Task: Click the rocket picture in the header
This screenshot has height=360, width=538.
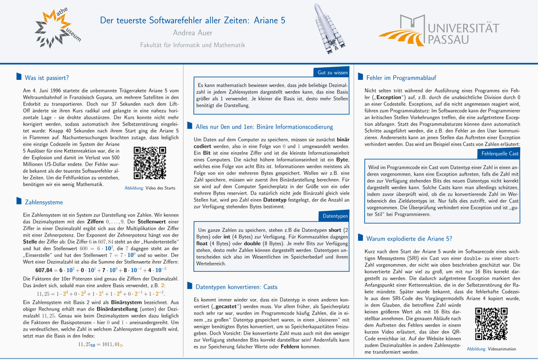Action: (328, 28)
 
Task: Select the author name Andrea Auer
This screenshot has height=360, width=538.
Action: (192, 33)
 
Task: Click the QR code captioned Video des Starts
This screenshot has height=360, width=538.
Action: (150, 163)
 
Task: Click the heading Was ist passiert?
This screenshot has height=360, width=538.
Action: (47, 78)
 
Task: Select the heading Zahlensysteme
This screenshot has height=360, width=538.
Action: (44, 201)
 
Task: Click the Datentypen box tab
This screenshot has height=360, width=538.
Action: (335, 216)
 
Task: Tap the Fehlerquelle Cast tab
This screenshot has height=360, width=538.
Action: (500, 153)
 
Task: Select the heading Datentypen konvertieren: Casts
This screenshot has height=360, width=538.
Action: (236, 287)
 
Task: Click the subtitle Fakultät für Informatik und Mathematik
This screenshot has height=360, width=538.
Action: (192, 45)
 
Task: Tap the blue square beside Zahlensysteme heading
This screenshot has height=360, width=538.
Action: (19, 201)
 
